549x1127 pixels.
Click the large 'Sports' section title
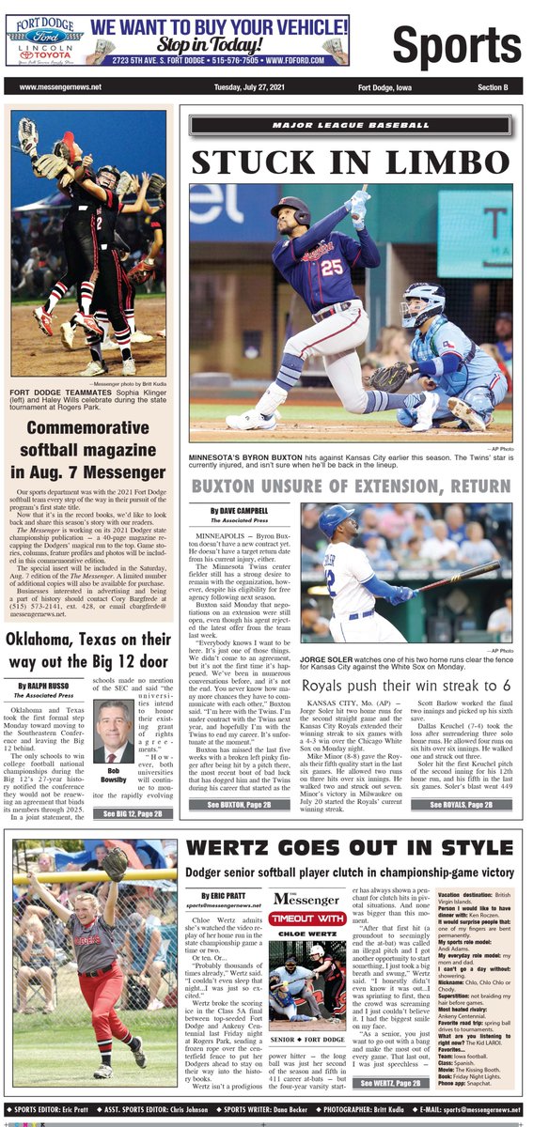(x=456, y=44)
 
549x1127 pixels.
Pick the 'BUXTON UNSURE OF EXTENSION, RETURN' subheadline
(x=352, y=486)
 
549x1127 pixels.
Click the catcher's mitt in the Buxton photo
(x=389, y=378)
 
